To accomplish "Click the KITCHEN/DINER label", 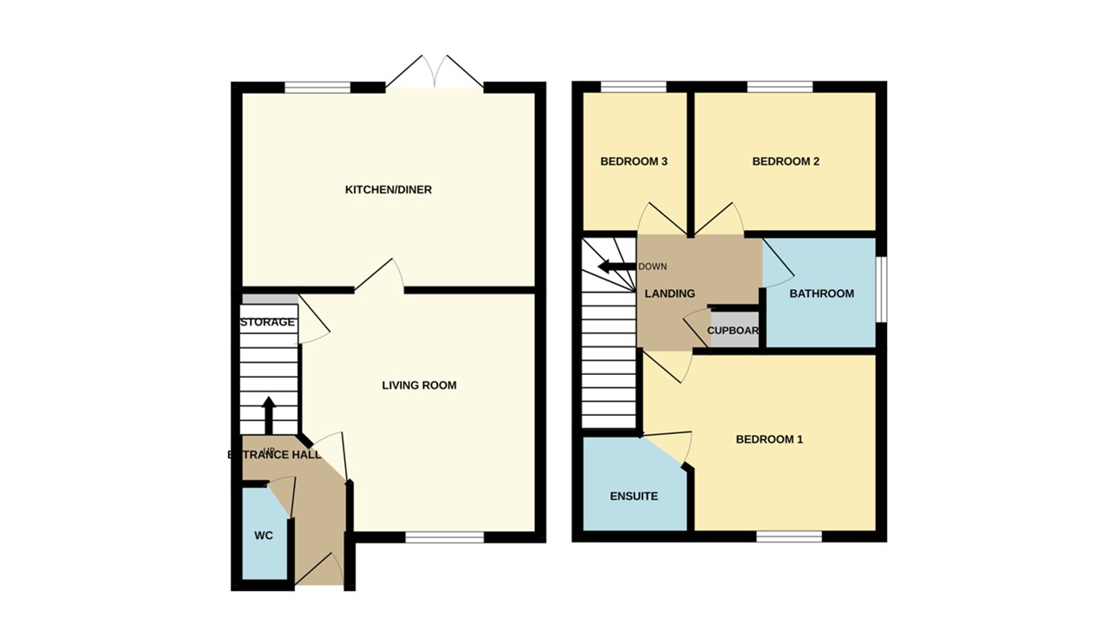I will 388,190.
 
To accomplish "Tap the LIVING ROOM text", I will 419,385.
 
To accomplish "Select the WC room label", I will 264,536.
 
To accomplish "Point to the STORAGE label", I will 267,322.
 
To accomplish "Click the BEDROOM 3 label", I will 633,161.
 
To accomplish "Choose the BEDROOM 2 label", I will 786,161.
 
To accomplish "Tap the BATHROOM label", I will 821,293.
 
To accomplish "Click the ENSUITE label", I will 634,497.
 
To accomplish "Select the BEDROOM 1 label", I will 769,439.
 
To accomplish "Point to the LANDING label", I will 669,293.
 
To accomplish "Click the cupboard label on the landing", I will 734,331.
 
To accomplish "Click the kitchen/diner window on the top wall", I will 317,87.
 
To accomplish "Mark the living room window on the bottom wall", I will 444,537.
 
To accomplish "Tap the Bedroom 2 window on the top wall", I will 780,87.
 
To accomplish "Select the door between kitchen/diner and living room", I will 380,276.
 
